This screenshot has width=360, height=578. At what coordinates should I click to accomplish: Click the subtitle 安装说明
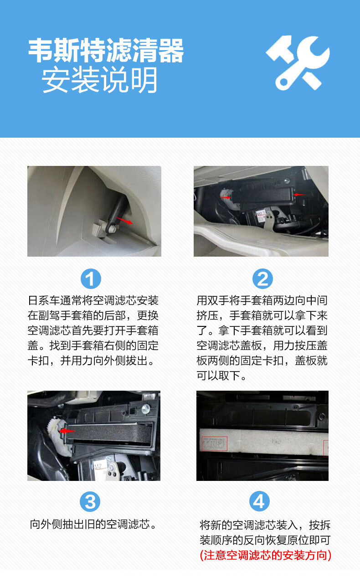99,80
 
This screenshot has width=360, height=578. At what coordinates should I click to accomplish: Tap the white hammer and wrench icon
298,62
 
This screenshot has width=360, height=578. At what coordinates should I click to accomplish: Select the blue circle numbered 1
91,279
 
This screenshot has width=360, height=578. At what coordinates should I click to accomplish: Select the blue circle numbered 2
262,279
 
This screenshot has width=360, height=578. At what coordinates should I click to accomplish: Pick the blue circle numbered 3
90,501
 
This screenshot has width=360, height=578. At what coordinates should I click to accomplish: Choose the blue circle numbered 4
259,501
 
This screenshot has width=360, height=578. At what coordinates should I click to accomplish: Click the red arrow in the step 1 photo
125,221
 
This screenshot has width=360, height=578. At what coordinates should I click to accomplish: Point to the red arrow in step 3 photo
67,430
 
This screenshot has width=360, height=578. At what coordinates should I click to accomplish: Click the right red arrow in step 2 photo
300,195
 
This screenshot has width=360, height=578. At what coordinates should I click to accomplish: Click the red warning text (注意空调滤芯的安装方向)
265,555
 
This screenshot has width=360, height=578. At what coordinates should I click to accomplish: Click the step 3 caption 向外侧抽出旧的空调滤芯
93,524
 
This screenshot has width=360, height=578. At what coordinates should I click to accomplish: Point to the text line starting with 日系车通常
93,301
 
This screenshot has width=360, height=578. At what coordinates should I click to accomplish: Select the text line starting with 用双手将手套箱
262,301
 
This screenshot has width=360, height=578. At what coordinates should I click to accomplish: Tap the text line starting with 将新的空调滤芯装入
265,524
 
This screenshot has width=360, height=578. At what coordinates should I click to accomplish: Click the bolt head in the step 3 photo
146,408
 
